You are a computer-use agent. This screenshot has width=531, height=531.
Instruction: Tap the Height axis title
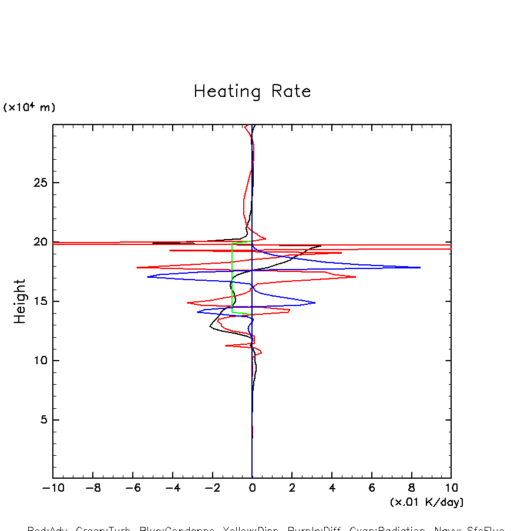tap(21, 301)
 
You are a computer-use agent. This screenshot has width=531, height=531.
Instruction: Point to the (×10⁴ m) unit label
tap(29, 107)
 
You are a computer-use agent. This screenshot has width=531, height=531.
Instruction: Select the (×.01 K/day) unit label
tap(426, 502)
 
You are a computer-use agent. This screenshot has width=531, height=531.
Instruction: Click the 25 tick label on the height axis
tap(39, 183)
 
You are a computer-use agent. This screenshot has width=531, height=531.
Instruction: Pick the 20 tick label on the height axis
tap(39, 242)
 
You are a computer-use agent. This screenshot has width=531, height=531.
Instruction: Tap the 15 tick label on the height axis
tap(39, 301)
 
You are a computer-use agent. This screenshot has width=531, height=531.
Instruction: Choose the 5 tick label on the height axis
tap(42, 420)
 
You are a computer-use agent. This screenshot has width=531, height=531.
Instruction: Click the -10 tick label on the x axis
tap(52, 488)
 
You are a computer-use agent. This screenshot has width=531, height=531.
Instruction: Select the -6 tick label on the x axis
tap(132, 488)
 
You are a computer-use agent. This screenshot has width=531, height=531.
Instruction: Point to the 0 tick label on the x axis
tap(252, 488)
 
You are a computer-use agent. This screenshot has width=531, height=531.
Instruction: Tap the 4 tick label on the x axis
tap(332, 488)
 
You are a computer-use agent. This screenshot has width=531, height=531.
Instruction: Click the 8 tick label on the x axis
tap(411, 488)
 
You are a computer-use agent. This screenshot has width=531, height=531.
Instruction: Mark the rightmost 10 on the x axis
tap(451, 488)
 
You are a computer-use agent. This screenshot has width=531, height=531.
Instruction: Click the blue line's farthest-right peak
tap(419, 267)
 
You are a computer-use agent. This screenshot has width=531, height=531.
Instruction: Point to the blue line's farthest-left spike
tap(147, 277)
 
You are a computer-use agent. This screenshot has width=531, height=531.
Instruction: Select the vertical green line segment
tap(232, 276)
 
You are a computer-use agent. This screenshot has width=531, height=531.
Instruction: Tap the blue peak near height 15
tap(314, 303)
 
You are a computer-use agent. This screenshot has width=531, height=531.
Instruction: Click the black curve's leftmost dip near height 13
tap(210, 327)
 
